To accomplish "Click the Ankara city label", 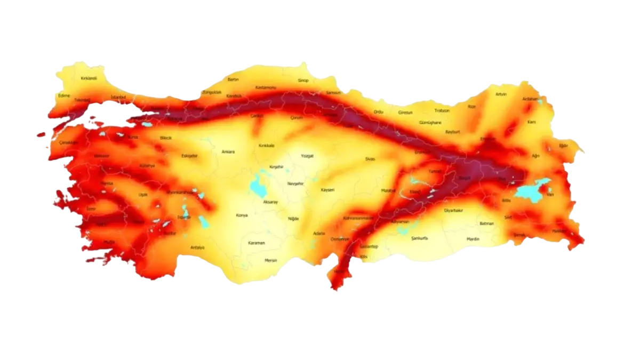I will coord(228,152).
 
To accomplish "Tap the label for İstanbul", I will coord(118,97).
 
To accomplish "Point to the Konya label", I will coord(242,215).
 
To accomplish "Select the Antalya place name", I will coord(197,247).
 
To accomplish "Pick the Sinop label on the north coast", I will coord(303,81).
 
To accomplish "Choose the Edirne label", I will coord(65,95).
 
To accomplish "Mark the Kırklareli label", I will coord(89,78).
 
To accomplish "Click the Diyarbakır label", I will coord(453,210).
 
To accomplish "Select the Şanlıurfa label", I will coord(420,238).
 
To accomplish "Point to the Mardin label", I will coord(473,239).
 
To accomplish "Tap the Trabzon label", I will coord(442,111).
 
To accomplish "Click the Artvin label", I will coord(501,94).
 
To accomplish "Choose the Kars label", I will coord(531,122).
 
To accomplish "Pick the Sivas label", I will coord(370,159).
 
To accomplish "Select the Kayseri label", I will coord(327,190).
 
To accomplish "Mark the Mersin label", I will coord(271,260).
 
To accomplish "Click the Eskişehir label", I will coord(189,156).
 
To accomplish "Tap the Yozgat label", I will coord(307,156).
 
